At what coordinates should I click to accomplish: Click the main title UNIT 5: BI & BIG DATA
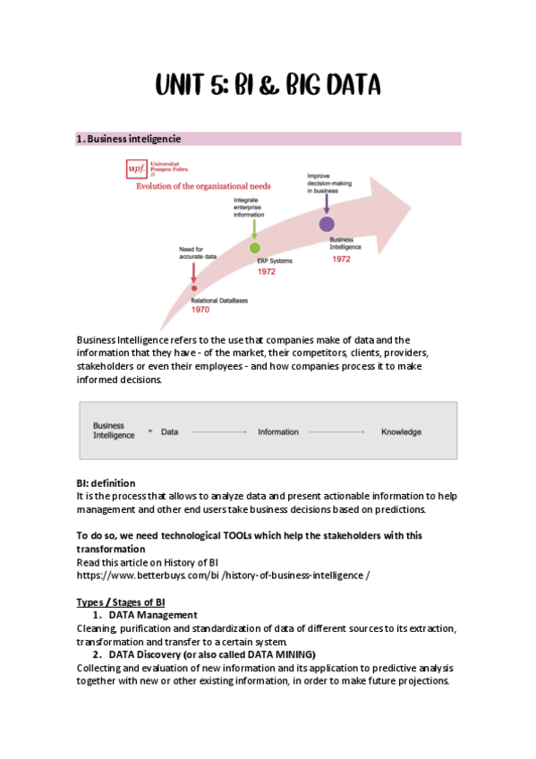point(268,85)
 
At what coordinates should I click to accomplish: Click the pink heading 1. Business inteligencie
point(129,139)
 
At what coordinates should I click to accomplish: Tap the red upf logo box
point(136,169)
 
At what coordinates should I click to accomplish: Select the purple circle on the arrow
point(327,224)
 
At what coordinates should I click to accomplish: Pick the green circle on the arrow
point(254,248)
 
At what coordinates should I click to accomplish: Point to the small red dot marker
point(194,288)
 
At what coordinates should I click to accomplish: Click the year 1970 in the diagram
point(200,310)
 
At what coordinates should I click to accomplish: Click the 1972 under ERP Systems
point(267,271)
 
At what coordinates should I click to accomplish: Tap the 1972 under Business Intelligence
point(341,259)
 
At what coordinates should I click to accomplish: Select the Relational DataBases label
point(219,301)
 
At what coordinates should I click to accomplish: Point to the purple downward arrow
point(327,204)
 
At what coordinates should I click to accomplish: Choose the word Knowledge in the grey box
point(401,431)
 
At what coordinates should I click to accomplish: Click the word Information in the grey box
point(278,431)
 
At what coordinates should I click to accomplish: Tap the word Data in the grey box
point(169,431)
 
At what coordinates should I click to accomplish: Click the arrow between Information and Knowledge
point(336,431)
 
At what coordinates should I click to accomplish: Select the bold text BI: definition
point(106,483)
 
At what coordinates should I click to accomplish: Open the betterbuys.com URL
point(223,576)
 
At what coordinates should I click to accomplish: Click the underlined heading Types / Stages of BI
point(121,602)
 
